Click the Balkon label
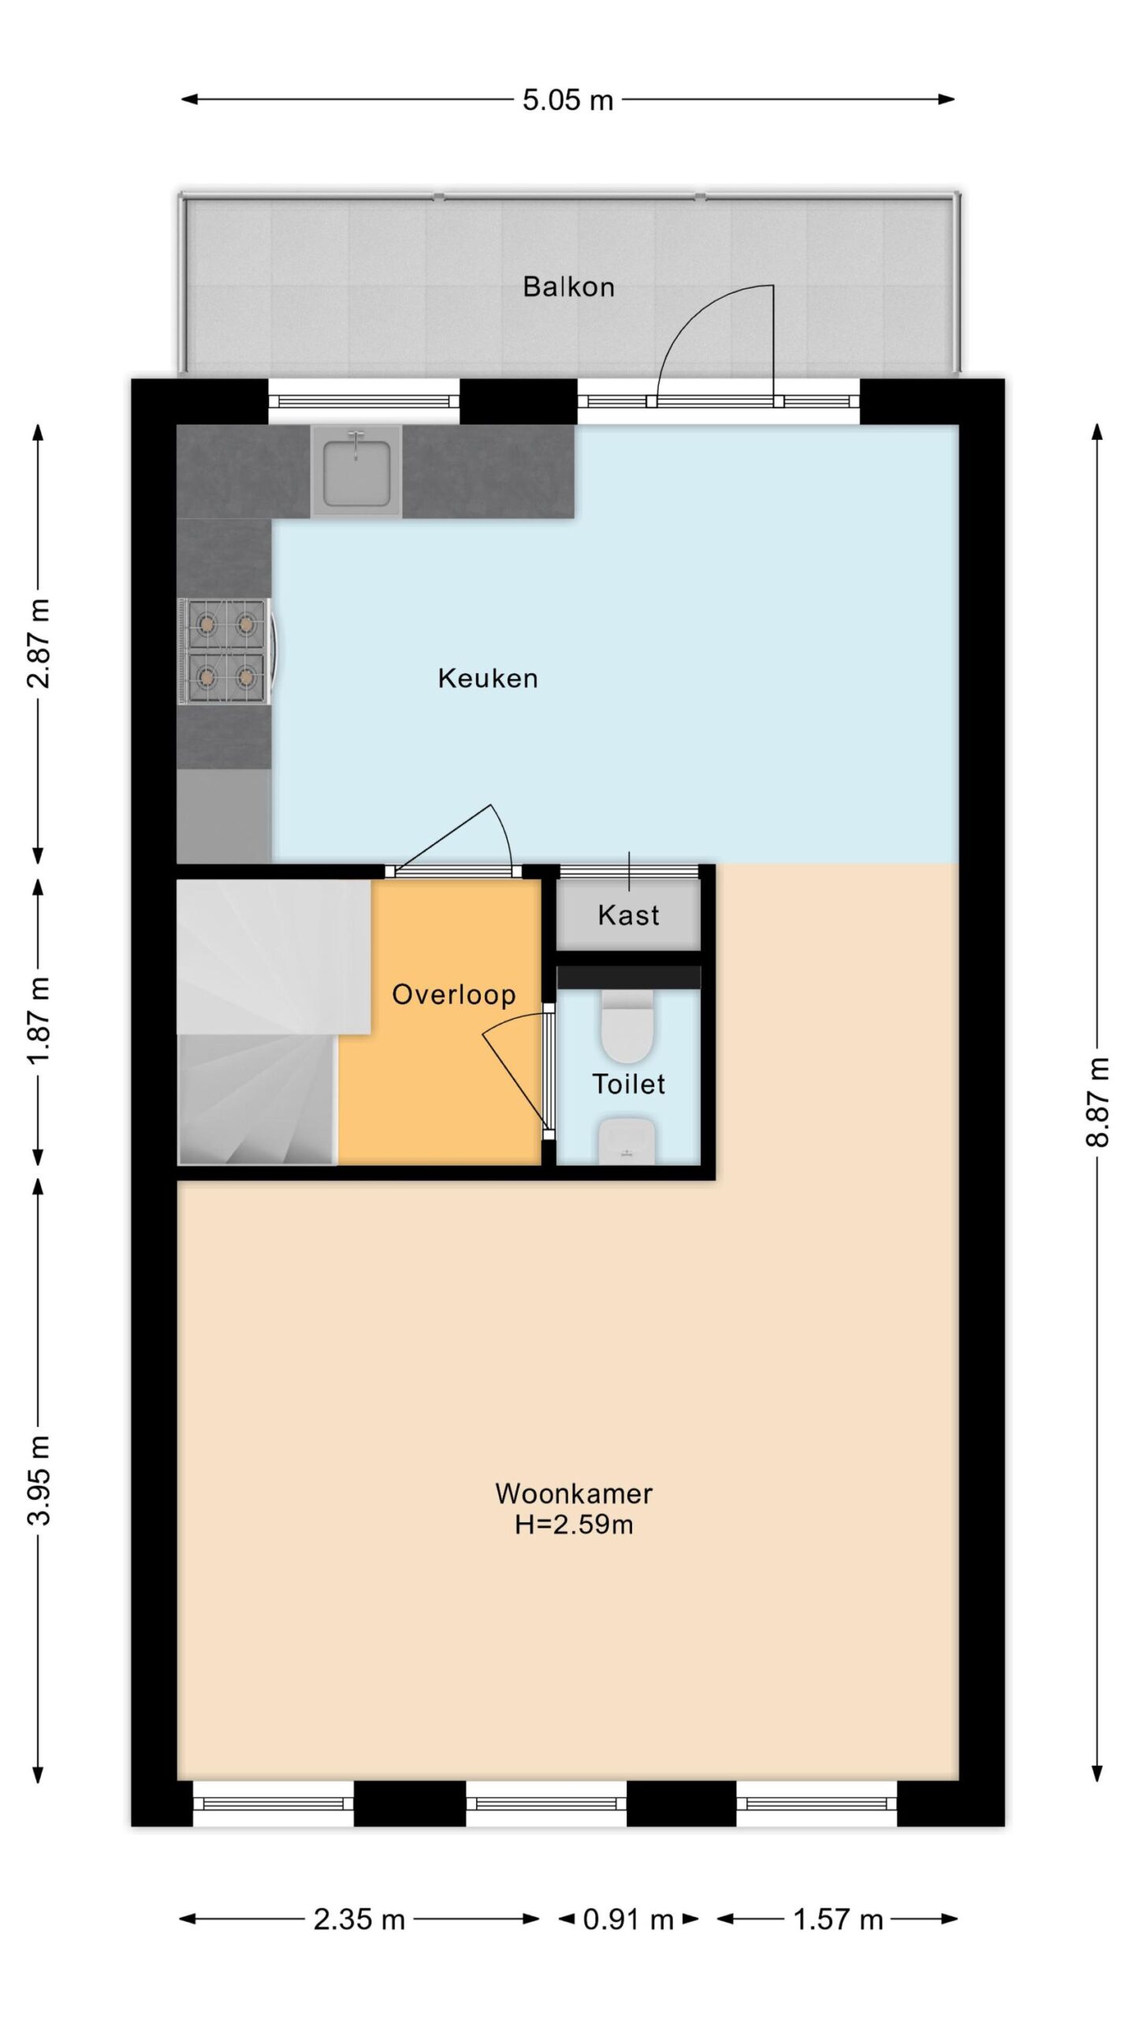click(x=568, y=286)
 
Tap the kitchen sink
click(x=356, y=471)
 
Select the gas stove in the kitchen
click(x=227, y=651)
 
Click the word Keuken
click(x=488, y=678)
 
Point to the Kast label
click(x=628, y=914)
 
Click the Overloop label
click(x=454, y=994)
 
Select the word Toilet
click(x=628, y=1084)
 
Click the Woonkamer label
click(x=574, y=1493)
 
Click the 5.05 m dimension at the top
click(x=567, y=100)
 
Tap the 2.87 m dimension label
click(x=39, y=643)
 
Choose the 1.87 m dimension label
click(x=39, y=1020)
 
